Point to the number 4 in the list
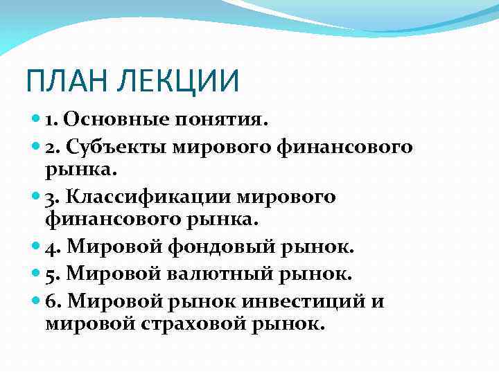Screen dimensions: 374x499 coord(51,247)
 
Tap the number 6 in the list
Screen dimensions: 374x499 coord(51,301)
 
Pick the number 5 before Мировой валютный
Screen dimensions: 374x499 coord(51,274)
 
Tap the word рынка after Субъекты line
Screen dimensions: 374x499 coord(76,169)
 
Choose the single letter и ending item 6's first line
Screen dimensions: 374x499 coord(378,302)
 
